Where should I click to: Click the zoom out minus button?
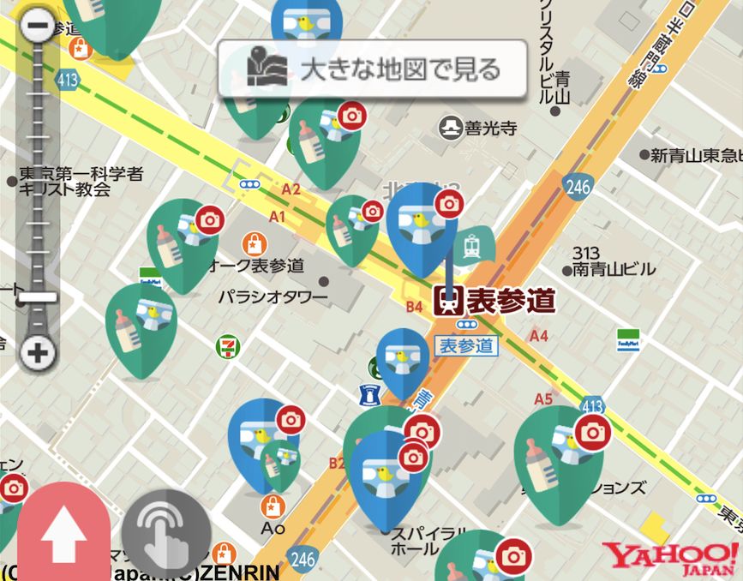coord(38,24)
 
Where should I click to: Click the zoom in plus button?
coord(38,351)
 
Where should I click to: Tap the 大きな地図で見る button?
coord(372,69)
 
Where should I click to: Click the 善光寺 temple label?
coord(479,129)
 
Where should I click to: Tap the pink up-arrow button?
coord(64,536)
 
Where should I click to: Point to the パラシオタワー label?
coord(273,297)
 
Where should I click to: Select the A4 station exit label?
coord(538,336)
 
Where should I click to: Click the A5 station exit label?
coord(543,399)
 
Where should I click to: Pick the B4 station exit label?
coord(415,306)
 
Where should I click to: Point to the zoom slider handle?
coord(38,297)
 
